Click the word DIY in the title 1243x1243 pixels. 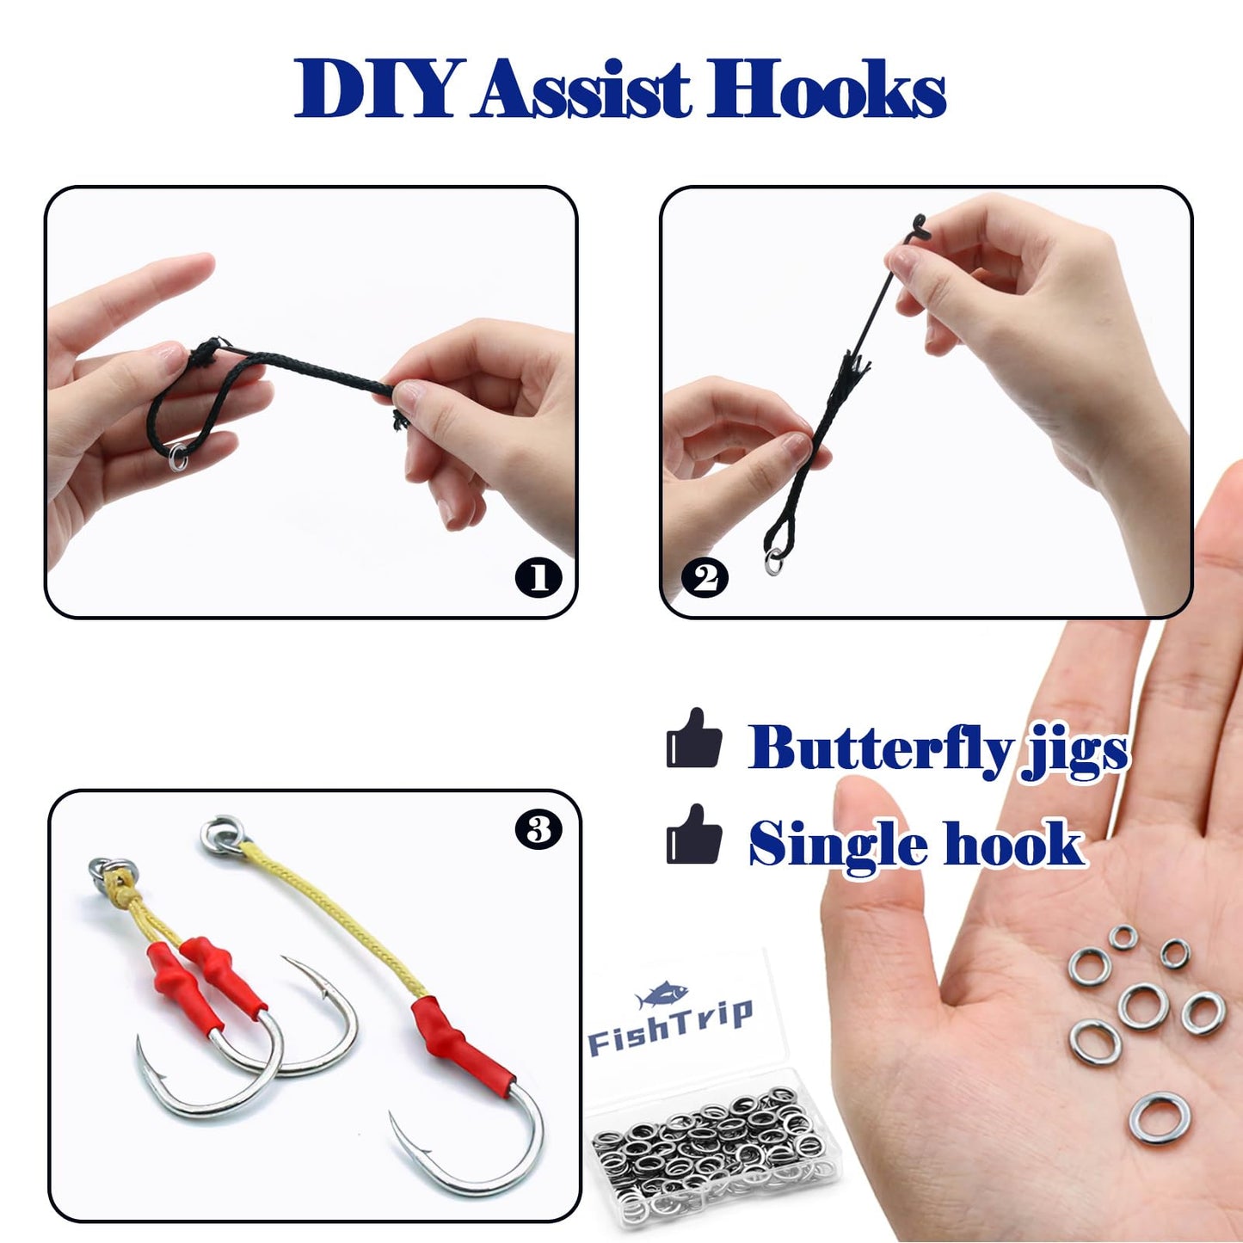(374, 89)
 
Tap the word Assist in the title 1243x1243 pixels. (585, 89)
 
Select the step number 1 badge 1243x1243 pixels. (538, 577)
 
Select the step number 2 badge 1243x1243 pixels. (705, 577)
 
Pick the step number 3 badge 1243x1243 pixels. (538, 830)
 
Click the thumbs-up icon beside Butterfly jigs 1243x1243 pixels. (693, 739)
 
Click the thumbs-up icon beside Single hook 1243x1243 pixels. (693, 835)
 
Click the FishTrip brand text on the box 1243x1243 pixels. (670, 1029)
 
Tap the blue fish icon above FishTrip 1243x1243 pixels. (661, 995)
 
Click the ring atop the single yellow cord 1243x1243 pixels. (222, 834)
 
